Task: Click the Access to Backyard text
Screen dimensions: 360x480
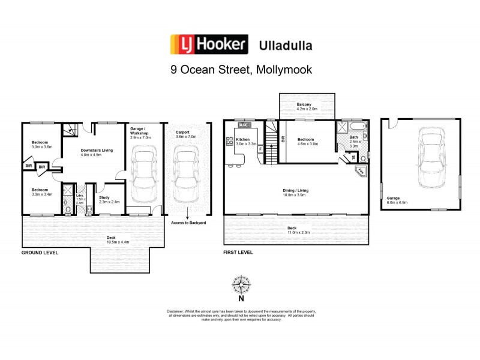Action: [x=188, y=222]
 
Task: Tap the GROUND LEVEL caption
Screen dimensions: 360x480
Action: [x=40, y=253]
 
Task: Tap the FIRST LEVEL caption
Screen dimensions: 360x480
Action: [x=238, y=253]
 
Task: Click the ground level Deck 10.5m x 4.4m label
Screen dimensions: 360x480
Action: [x=110, y=239]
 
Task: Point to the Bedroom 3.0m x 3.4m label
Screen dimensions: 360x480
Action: [x=42, y=192]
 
